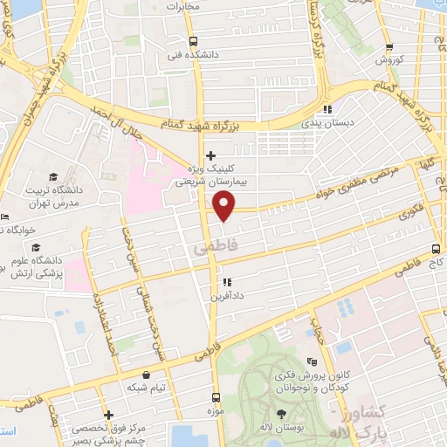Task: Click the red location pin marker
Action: tap(225, 206)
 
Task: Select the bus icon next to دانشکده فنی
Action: tap(193, 41)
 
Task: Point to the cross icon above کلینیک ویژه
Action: tap(210, 155)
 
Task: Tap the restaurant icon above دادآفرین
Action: tap(226, 282)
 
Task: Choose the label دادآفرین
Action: tap(224, 297)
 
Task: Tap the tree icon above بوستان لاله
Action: tap(280, 415)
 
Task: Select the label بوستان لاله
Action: tap(282, 430)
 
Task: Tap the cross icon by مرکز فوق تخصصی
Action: tap(107, 415)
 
